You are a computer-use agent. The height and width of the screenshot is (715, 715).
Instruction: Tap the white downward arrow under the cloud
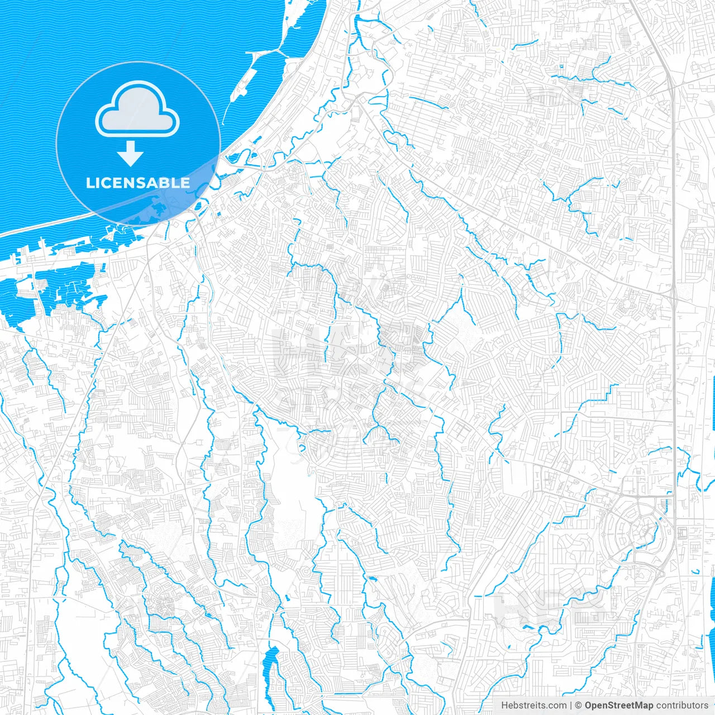[x=130, y=154]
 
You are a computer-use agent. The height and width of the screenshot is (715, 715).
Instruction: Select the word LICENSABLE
[x=138, y=183]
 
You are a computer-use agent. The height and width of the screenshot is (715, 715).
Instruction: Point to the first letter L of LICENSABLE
[x=89, y=183]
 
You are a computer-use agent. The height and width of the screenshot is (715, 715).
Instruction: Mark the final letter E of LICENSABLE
[x=185, y=183]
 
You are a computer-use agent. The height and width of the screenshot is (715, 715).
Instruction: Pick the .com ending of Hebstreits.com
[x=556, y=706]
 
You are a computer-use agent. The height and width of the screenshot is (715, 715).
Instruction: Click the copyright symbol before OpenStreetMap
[x=578, y=706]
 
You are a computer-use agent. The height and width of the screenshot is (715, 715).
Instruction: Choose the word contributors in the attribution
[x=682, y=706]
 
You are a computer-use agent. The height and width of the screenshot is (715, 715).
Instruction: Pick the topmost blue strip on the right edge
[x=713, y=402]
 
